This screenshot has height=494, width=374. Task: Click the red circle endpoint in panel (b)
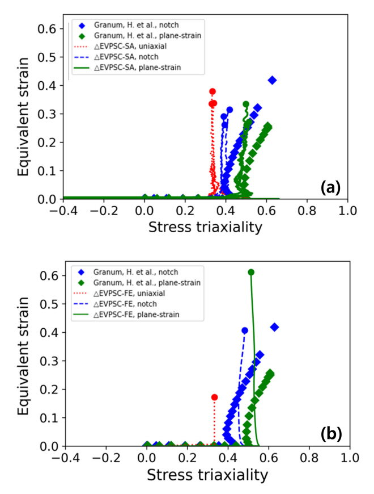pos(214,397)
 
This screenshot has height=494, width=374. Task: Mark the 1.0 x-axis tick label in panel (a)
pos(347,211)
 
